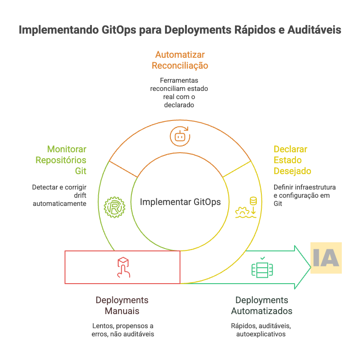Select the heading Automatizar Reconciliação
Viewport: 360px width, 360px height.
coord(180,60)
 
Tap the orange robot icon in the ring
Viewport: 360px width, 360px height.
coord(180,136)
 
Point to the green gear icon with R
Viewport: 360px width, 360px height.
coord(114,207)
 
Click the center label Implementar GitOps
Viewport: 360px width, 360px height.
coord(180,202)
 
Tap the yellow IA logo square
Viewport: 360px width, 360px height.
coord(326,258)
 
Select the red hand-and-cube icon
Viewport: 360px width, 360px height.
coord(123,267)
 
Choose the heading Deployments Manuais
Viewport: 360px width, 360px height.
coord(122,305)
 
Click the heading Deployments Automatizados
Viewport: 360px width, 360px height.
coord(261,305)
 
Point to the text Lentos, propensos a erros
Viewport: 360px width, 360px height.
coord(123,330)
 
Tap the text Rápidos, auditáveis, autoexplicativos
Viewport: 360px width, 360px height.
coord(261,330)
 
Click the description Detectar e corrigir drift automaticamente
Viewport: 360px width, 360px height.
coord(59,195)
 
